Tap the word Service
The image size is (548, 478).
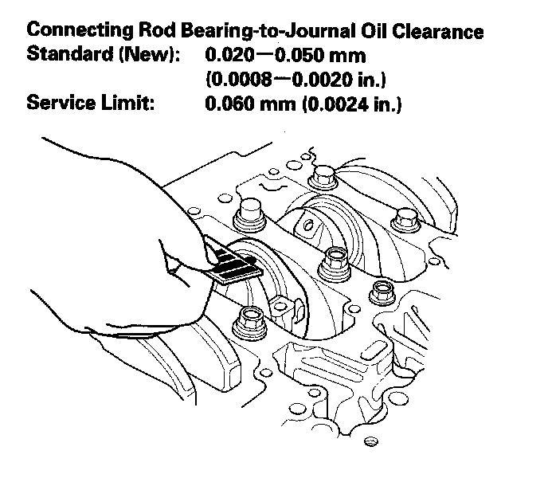(x=58, y=104)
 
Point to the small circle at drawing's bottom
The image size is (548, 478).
(x=369, y=441)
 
